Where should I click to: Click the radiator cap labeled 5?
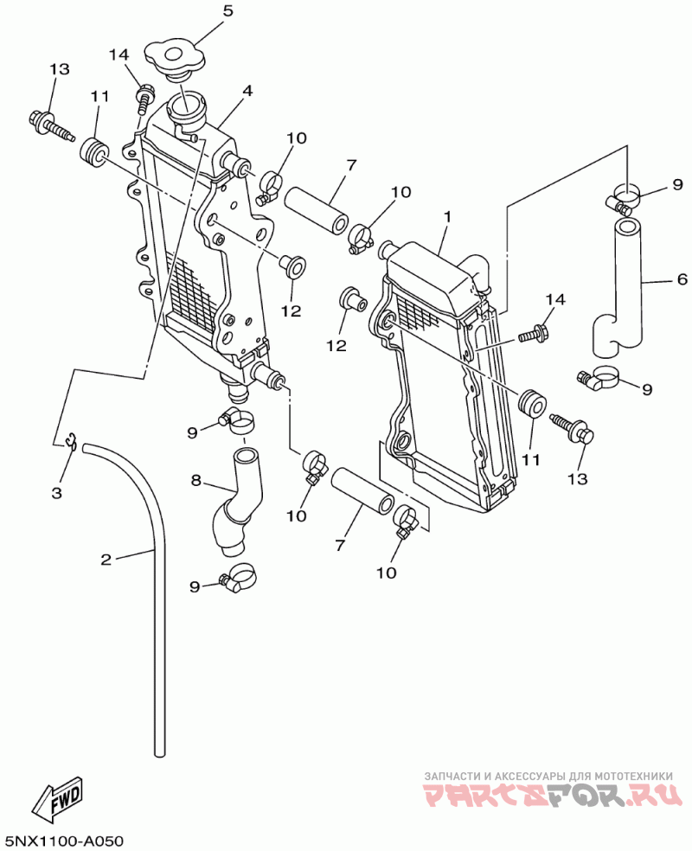pos(175,58)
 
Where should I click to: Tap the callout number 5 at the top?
pos(228,10)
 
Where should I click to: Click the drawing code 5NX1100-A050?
pos(62,840)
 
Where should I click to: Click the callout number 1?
pos(447,216)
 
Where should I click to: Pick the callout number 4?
pos(247,91)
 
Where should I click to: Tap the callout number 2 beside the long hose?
pos(106,559)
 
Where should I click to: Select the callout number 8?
pos(196,480)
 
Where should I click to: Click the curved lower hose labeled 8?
pos(235,502)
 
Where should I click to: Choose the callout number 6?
pos(682,279)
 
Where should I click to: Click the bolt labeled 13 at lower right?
pos(573,428)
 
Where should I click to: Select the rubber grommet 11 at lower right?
pos(531,404)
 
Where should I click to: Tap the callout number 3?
pos(57,493)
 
